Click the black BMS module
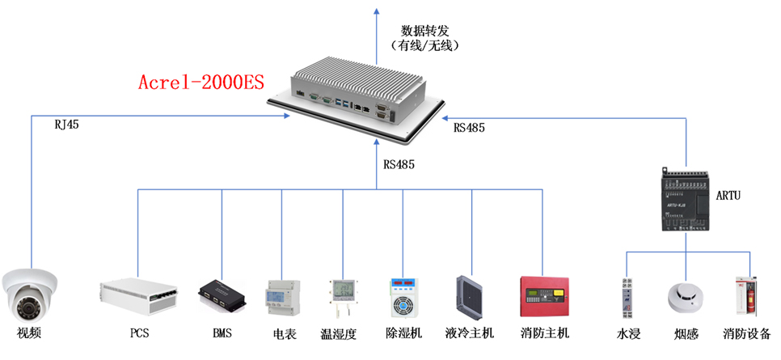tap(222, 295)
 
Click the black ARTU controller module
tap(686, 199)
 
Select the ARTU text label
tap(728, 197)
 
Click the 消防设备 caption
tap(747, 333)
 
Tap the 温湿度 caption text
tap(339, 333)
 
